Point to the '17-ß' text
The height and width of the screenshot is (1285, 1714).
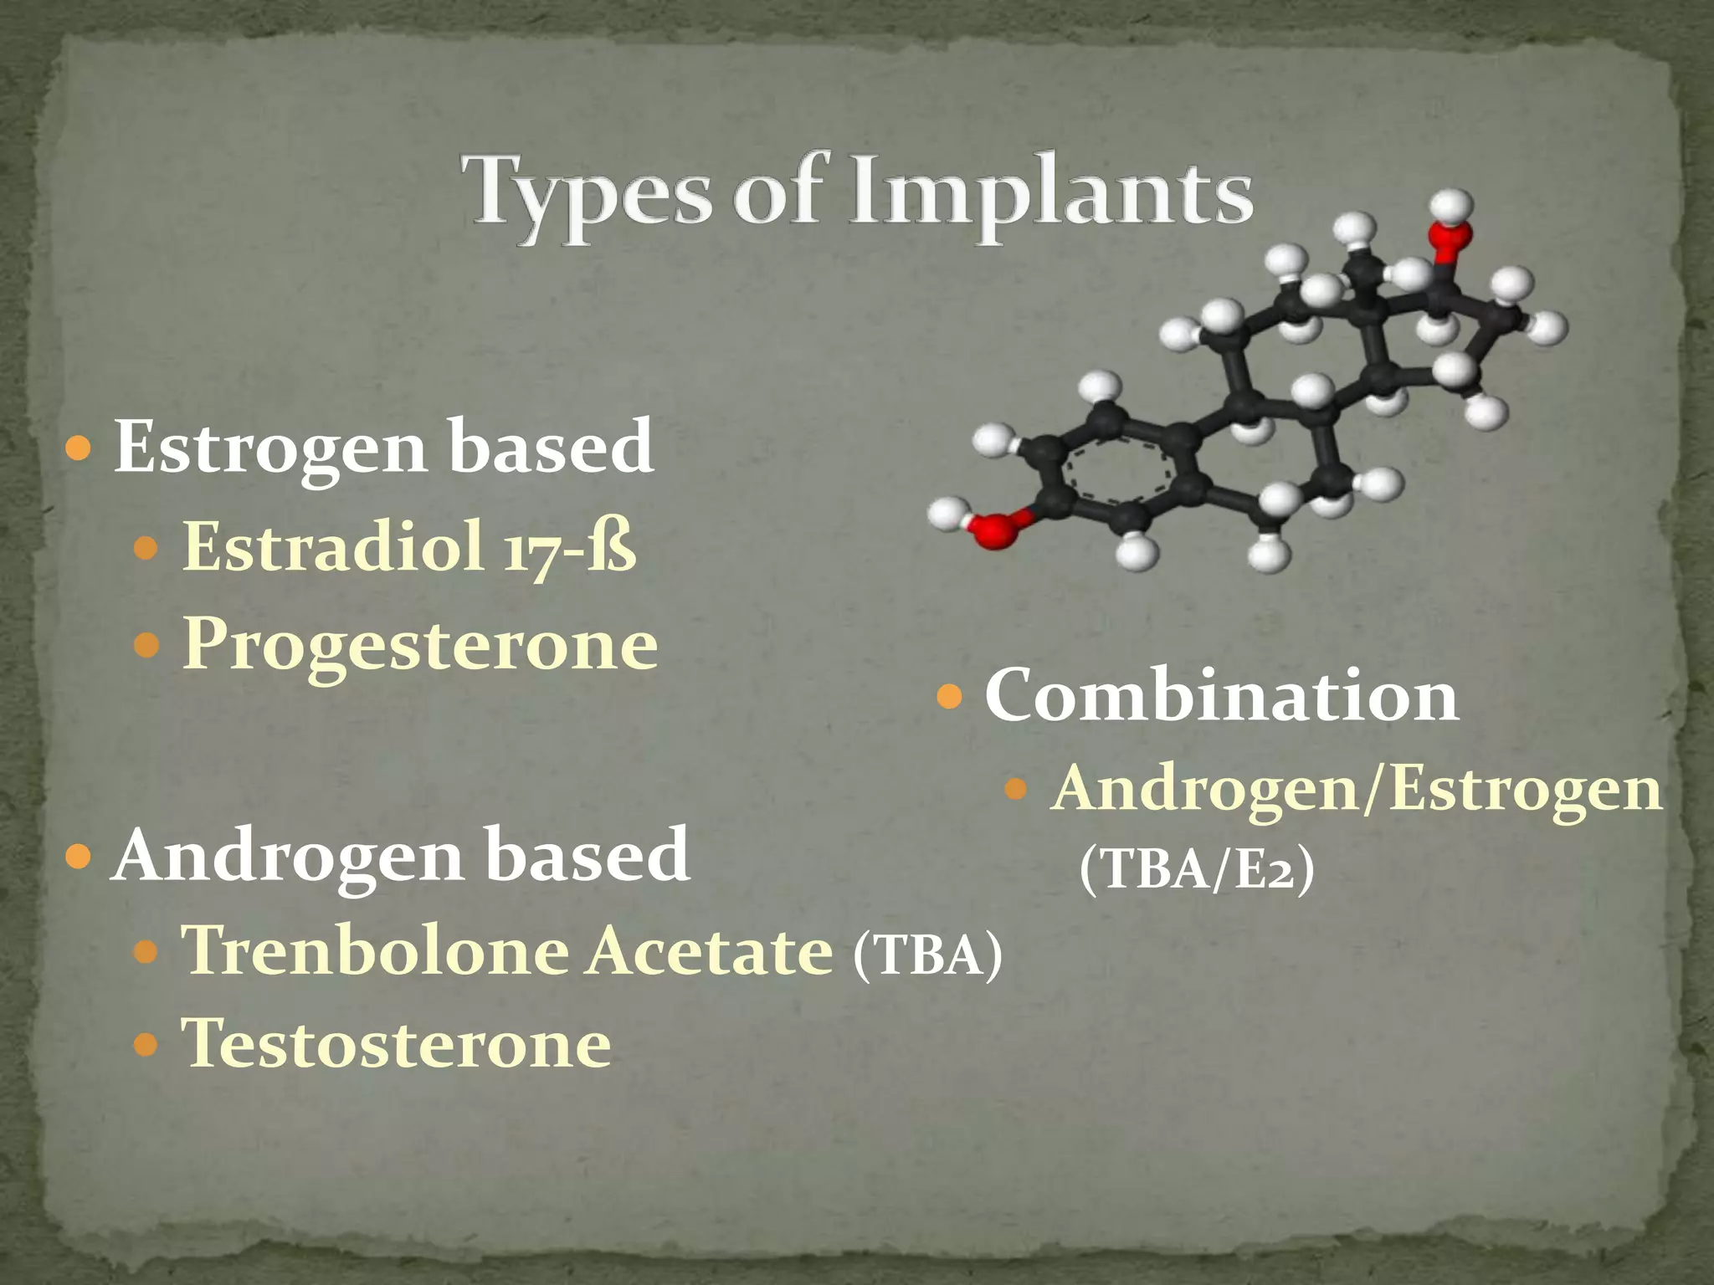570,548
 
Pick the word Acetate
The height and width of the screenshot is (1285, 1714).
710,951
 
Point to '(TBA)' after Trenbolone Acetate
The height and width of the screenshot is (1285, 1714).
927,955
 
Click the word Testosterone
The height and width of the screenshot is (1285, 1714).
397,1045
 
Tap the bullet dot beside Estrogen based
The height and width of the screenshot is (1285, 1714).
78,449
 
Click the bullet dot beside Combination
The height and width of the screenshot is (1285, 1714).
949,696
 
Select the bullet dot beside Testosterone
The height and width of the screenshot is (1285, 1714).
146,1045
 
